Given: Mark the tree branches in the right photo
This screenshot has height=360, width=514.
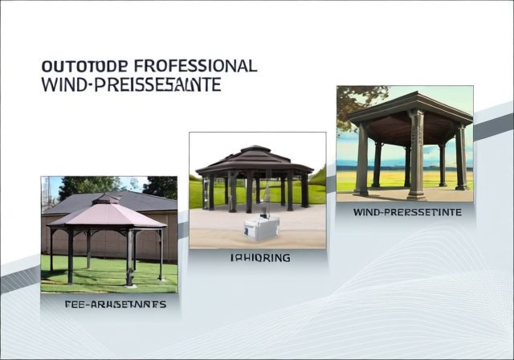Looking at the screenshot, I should (x=353, y=100).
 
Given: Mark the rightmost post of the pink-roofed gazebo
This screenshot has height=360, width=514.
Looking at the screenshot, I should (x=161, y=253).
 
